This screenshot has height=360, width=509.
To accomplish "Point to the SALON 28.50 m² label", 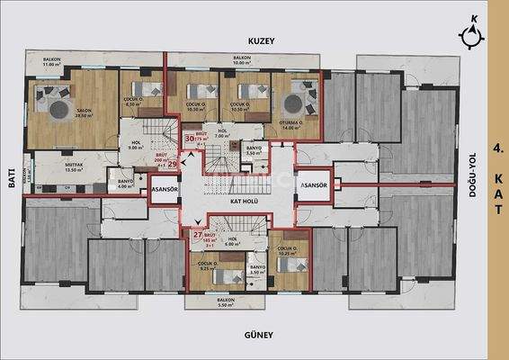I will pyautogui.click(x=85, y=112).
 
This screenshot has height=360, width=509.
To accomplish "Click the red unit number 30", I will pyautogui.click(x=190, y=139).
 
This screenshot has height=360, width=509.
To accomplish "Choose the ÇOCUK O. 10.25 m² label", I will pyautogui.click(x=287, y=251).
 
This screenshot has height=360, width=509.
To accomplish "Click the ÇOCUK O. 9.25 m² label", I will pyautogui.click(x=210, y=265).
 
